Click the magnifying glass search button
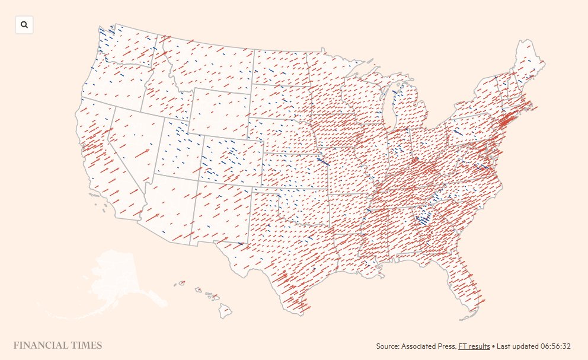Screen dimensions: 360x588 click(x=24, y=25)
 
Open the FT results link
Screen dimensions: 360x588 click(x=474, y=346)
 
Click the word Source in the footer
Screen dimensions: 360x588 click(x=388, y=346)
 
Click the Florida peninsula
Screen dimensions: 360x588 click(x=468, y=291)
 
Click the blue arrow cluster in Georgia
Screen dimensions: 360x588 click(x=423, y=219)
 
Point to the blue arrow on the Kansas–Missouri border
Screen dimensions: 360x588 click(x=324, y=161)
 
